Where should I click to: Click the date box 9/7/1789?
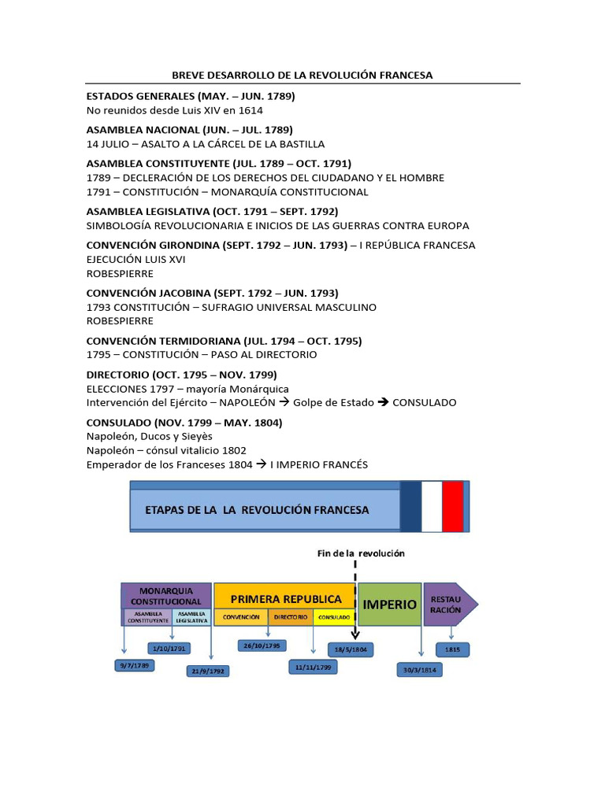[x=135, y=665]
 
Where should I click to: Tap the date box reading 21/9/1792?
[x=206, y=671]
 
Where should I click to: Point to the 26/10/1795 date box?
[x=262, y=645]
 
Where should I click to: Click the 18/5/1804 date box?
[x=351, y=649]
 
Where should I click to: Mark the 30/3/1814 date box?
[x=419, y=670]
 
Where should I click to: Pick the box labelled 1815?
[x=453, y=649]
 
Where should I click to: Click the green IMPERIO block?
[x=390, y=604]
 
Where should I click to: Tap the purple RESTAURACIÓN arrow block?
[x=447, y=604]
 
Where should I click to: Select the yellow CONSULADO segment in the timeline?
[x=334, y=618]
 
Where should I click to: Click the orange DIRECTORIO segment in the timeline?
[x=291, y=618]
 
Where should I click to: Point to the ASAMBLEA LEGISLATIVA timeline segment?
[x=191, y=618]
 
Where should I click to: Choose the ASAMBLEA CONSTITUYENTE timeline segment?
[x=147, y=618]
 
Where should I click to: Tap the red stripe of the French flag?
[x=452, y=506]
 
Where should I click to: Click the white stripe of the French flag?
[x=431, y=506]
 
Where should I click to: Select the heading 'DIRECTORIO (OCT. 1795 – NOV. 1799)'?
[x=181, y=375]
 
